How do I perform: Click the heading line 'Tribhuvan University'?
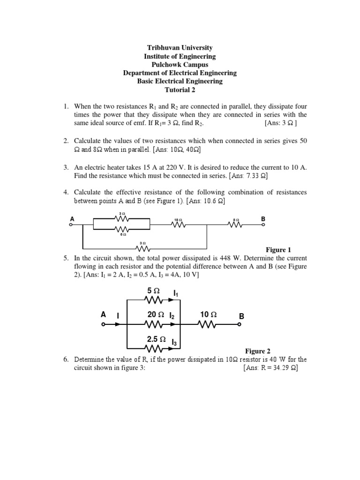(x=180, y=48)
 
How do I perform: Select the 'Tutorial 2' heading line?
(x=180, y=90)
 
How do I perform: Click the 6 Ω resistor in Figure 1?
(x=121, y=229)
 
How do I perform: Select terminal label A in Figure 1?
(x=72, y=219)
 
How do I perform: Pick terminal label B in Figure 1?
(x=263, y=219)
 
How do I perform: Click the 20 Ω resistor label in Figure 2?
(x=156, y=315)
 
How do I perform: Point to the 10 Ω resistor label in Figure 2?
(x=208, y=315)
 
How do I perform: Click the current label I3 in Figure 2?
(x=174, y=342)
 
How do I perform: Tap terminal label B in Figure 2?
(x=242, y=317)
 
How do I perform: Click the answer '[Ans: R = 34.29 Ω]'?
(x=270, y=368)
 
